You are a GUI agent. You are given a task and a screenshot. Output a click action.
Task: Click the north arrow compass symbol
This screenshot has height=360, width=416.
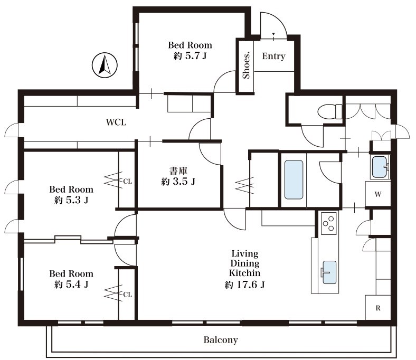point(105,65)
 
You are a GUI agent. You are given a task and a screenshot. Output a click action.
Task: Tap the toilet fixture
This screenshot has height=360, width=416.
point(330,111)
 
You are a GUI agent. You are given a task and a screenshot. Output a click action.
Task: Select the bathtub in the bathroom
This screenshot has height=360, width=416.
point(294,179)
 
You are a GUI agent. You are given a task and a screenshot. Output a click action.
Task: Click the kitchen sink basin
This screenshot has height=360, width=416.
point(329,272)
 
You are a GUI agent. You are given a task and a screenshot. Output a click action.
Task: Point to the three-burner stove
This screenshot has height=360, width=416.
point(328,223)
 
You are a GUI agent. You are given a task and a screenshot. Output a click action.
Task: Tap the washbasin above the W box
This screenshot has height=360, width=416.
point(380,167)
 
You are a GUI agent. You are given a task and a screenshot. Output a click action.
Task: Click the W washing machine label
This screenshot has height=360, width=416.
point(378,194)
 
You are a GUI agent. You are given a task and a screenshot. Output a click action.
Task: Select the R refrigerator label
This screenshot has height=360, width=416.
point(378,308)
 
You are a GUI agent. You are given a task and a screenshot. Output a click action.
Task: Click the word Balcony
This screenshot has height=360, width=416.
point(221,340)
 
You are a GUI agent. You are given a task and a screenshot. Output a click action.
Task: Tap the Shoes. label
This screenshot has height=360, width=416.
point(247,65)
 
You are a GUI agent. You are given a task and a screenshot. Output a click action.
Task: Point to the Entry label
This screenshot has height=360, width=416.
point(273,56)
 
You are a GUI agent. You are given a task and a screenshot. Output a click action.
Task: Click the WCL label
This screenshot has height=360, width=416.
point(116,122)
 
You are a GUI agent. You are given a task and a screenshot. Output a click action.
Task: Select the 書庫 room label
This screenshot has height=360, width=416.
point(178,170)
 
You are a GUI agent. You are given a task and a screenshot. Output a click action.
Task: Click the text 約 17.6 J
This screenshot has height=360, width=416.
point(244,285)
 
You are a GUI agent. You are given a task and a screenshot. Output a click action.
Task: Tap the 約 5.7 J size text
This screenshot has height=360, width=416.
point(190,56)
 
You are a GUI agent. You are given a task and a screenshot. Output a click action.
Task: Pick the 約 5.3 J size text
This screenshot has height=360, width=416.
point(71,200)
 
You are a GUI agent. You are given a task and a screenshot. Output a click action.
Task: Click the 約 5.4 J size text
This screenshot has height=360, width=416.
point(71,285)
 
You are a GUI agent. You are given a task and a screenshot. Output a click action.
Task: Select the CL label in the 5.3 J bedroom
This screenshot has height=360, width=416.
point(128,182)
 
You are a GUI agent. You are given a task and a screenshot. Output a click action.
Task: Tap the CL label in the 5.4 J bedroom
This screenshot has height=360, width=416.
point(128,295)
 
